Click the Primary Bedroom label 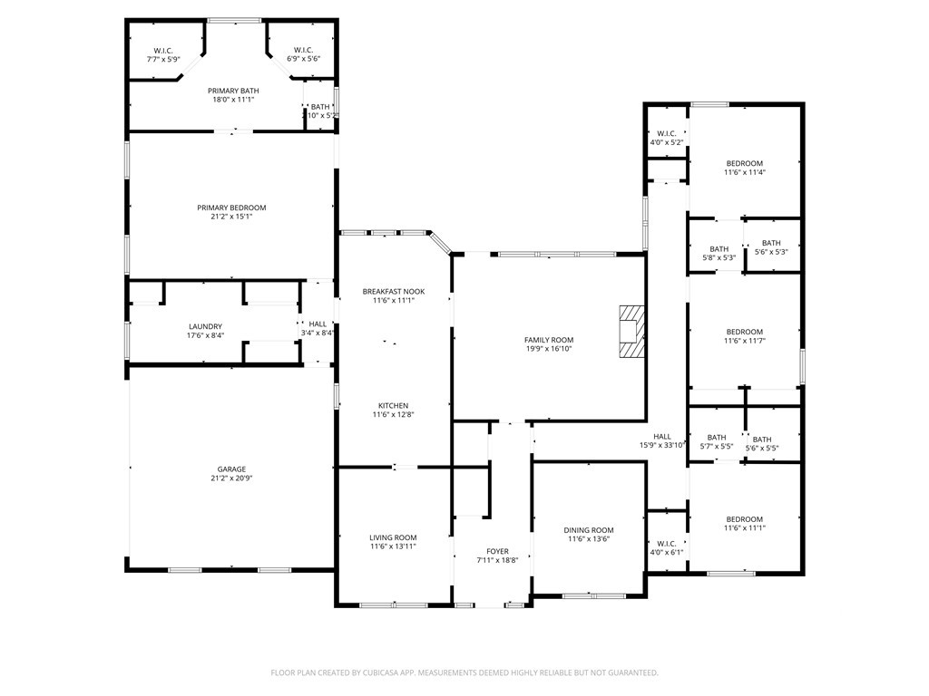[x=231, y=208]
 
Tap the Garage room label [x=231, y=469]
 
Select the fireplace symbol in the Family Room [x=631, y=332]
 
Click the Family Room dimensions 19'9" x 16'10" [x=549, y=349]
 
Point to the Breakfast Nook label [x=394, y=292]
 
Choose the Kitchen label [x=394, y=406]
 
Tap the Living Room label [x=394, y=538]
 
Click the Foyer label [x=498, y=552]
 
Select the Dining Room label [x=589, y=530]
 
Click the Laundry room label [x=206, y=326]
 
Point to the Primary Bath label [x=233, y=92]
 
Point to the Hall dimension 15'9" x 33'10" [x=662, y=446]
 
